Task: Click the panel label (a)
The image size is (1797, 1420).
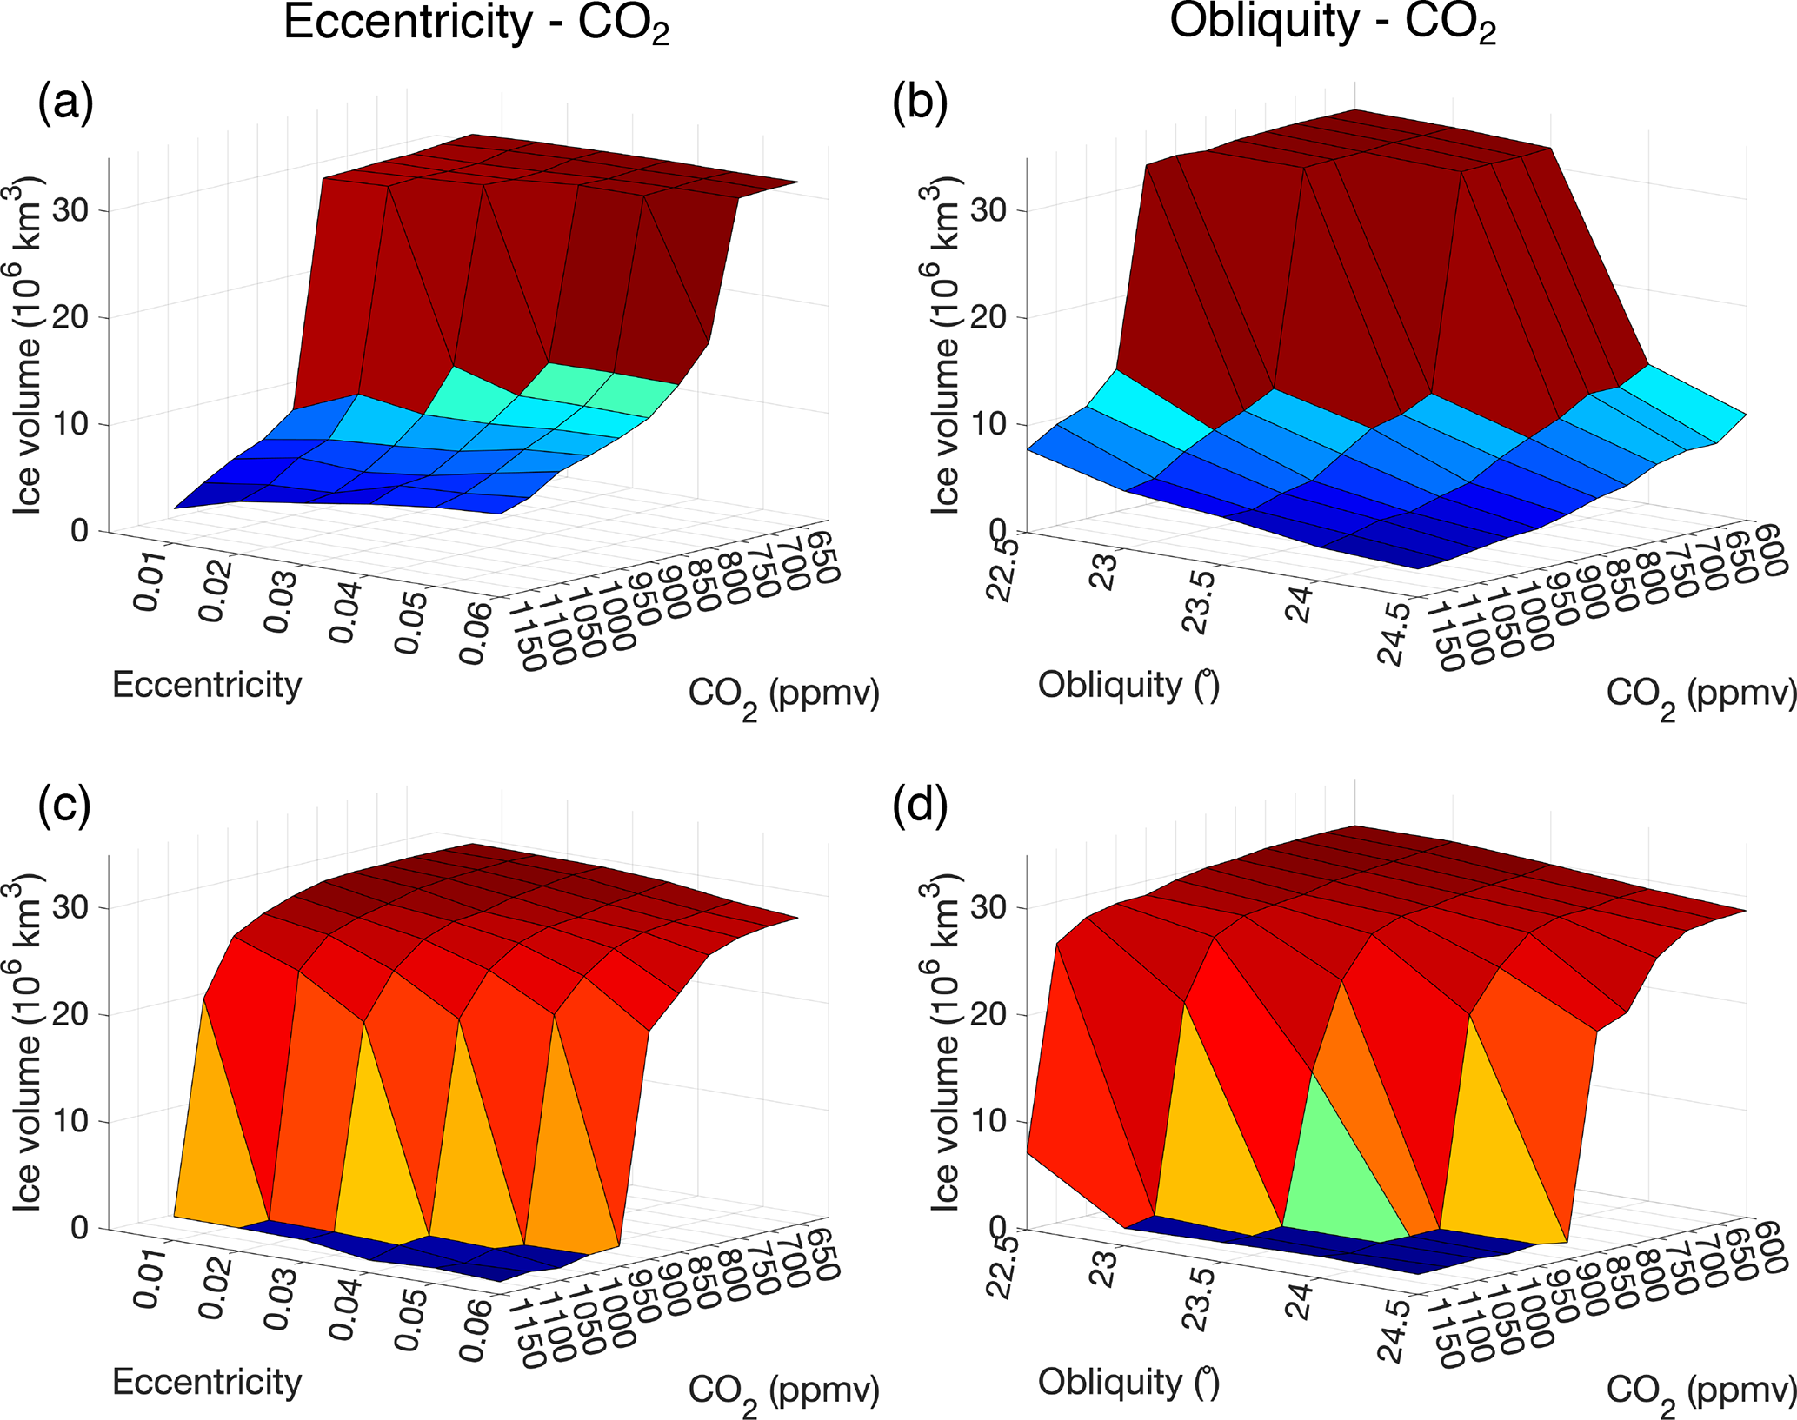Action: click(65, 106)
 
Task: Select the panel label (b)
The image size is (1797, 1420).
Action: click(921, 106)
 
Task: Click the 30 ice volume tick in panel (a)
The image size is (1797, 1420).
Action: click(71, 210)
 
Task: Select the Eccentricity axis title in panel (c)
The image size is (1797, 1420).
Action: click(207, 1382)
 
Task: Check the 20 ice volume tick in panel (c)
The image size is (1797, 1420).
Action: click(71, 1014)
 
